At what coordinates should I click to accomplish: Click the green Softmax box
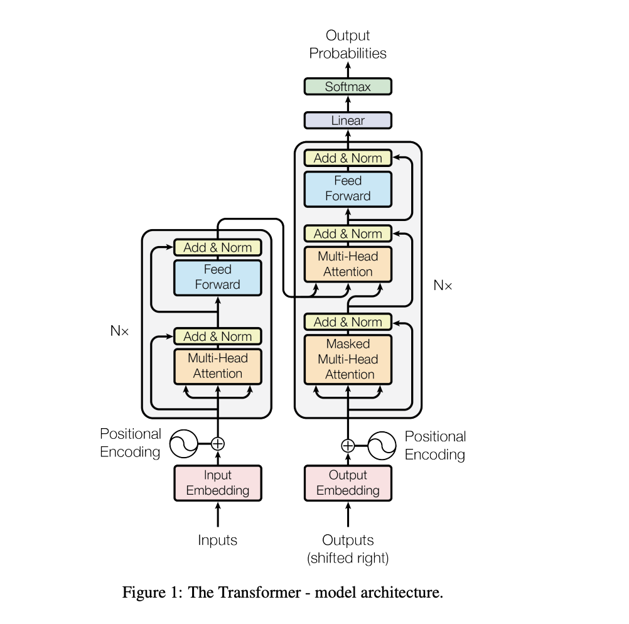point(348,86)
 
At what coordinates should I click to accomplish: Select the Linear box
point(348,121)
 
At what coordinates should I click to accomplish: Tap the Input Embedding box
point(218,483)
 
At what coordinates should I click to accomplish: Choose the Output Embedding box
point(348,483)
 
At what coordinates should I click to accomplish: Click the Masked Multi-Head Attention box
point(348,360)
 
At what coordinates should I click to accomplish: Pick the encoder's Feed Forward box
point(218,277)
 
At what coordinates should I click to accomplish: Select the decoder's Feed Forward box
point(348,189)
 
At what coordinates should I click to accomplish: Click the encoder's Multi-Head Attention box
point(218,367)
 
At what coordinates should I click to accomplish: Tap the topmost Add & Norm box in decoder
point(348,158)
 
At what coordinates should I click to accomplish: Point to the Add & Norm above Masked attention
point(348,322)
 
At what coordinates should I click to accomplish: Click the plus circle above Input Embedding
point(218,444)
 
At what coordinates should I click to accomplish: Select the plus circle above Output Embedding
point(348,446)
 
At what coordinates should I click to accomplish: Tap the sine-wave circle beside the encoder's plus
point(184,444)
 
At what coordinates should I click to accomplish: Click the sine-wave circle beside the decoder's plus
point(382,446)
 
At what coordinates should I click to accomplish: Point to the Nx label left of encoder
point(119,331)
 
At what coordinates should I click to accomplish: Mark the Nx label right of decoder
point(443,285)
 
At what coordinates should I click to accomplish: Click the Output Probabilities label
point(348,44)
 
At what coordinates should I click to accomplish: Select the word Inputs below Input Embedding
point(217,540)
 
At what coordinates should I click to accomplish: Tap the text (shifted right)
point(348,558)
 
